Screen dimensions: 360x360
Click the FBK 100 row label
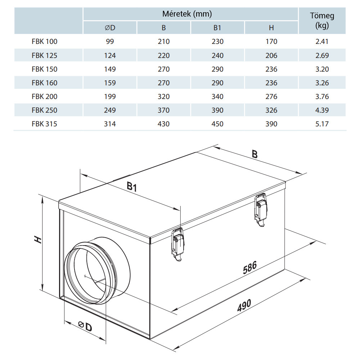click(44, 42)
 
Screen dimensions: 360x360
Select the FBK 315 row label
click(44, 124)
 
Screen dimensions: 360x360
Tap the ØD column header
click(110, 28)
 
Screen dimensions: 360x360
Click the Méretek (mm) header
click(191, 14)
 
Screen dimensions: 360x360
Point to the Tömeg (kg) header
click(322, 21)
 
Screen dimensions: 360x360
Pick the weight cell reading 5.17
click(322, 124)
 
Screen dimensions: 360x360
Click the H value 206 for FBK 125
click(271, 55)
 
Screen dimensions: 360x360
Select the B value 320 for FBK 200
click(163, 96)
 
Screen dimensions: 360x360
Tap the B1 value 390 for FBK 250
click(217, 110)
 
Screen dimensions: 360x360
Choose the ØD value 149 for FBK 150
click(110, 69)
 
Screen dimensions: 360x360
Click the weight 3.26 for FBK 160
click(322, 83)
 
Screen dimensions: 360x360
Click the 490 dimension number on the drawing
click(244, 306)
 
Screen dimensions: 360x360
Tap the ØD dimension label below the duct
click(84, 326)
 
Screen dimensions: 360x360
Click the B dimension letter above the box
click(255, 154)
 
